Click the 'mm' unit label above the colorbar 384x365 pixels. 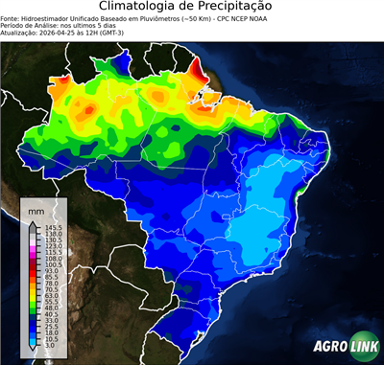[x=36, y=209]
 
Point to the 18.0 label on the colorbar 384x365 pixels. [x=48, y=330]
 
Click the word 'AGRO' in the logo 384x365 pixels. [x=328, y=348]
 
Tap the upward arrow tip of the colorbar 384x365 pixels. [x=32, y=221]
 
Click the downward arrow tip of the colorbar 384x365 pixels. [x=32, y=350]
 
